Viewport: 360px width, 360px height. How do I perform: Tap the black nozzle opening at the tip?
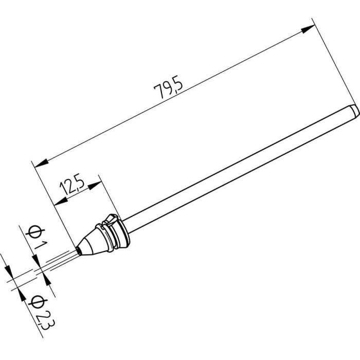tap(79, 249)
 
